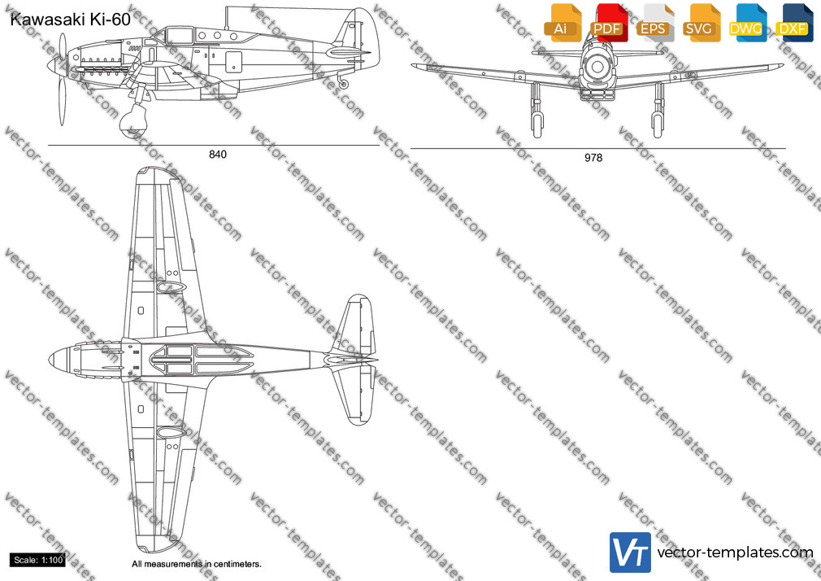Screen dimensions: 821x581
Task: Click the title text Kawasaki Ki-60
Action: point(70,20)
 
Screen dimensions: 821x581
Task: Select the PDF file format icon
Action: point(608,23)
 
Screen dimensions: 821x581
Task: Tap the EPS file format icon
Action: point(654,23)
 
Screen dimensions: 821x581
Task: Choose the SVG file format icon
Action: point(701,23)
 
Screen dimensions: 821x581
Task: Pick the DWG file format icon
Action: point(747,23)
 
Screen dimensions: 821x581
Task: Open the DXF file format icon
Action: point(794,23)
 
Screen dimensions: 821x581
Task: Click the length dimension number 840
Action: point(218,154)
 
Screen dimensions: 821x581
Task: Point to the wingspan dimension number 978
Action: point(593,158)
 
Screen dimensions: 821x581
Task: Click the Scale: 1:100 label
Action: point(37,560)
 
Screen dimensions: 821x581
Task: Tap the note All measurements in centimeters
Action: point(197,564)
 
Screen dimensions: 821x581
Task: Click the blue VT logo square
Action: point(630,553)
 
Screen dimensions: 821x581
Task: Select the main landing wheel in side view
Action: point(133,120)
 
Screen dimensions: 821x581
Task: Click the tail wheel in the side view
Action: point(344,84)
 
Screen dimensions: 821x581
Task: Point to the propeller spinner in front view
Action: point(597,67)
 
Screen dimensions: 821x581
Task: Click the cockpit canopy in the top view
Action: point(202,360)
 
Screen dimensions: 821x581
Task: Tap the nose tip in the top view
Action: point(50,360)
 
